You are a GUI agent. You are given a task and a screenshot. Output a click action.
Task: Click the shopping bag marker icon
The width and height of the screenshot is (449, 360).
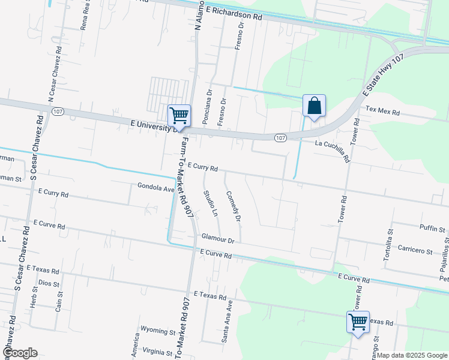pyautogui.click(x=314, y=106)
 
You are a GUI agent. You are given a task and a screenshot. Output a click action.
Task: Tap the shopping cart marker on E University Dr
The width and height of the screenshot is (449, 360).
pyautogui.click(x=179, y=114)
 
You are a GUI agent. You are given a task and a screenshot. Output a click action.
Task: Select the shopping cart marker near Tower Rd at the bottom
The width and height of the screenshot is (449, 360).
pyautogui.click(x=358, y=321)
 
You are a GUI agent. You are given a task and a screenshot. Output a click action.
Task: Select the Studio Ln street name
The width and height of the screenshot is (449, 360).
pyautogui.click(x=210, y=203)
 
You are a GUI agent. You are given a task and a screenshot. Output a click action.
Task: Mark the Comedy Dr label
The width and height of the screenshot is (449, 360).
pyautogui.click(x=234, y=207)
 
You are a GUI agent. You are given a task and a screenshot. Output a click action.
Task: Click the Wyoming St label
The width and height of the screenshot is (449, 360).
pyautogui.click(x=157, y=331)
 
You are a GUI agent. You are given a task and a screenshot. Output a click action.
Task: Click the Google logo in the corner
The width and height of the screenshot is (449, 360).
pyautogui.click(x=19, y=352)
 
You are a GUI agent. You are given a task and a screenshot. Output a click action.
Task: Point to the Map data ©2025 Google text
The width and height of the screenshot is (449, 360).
pyautogui.click(x=412, y=355)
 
